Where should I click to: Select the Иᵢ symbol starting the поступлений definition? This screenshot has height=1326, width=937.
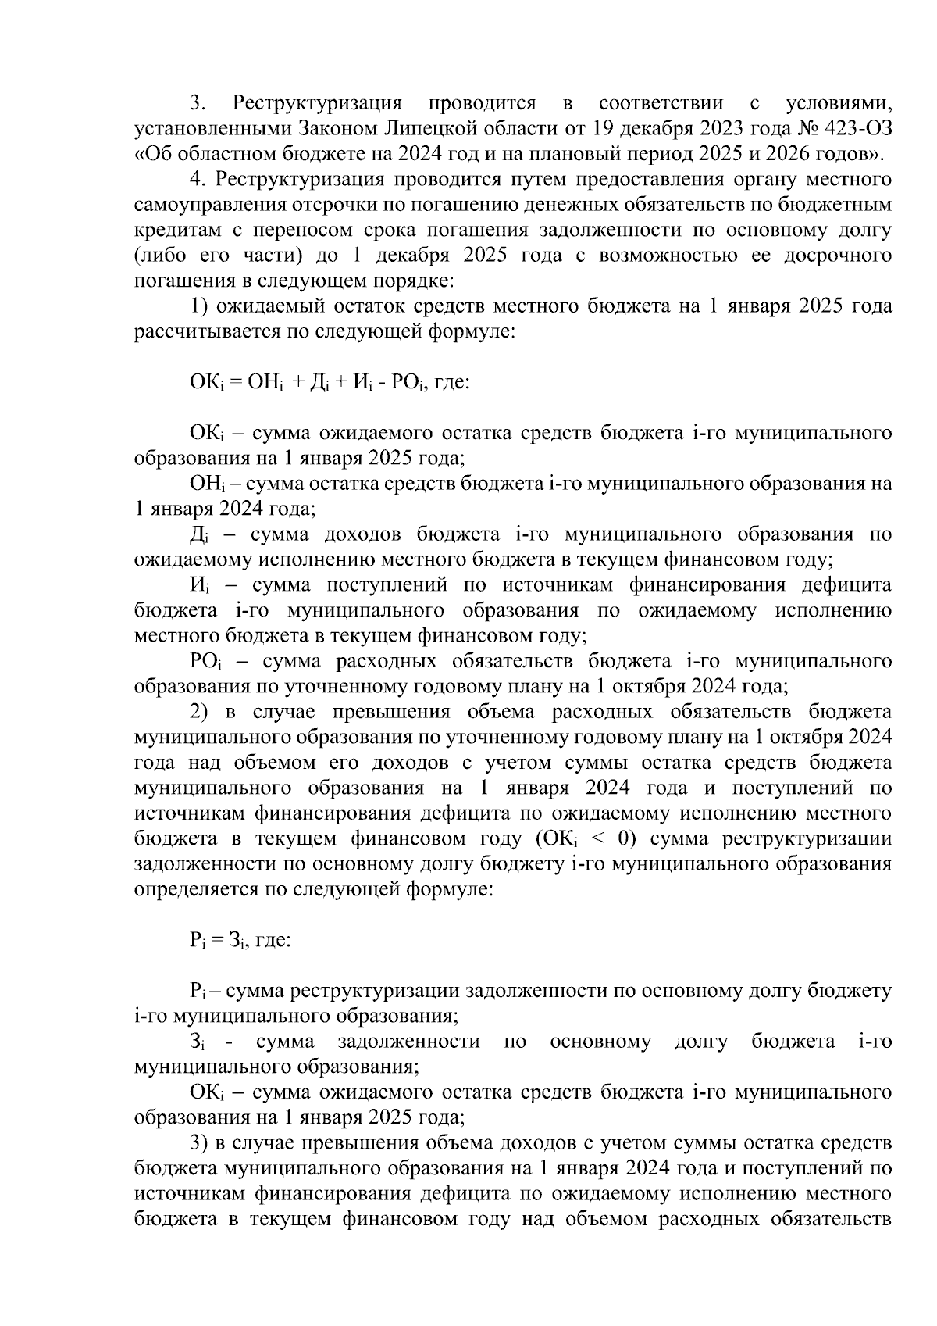coord(198,586)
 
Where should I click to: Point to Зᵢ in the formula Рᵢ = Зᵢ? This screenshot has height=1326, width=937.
coord(238,941)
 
